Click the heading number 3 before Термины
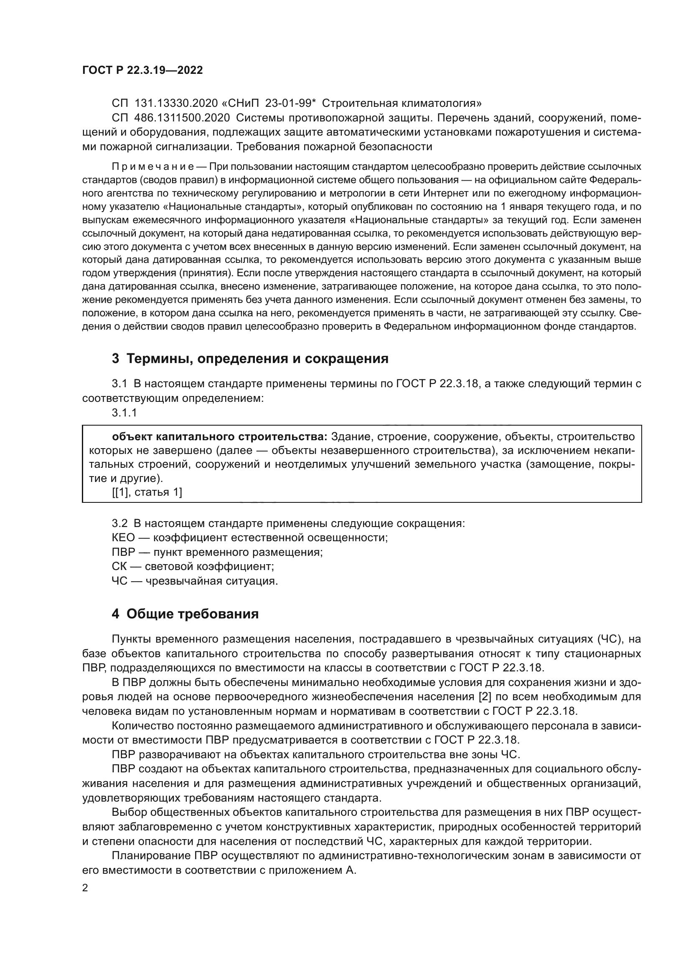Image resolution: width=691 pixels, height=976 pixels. [x=115, y=359]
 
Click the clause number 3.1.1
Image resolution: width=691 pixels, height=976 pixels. [x=124, y=412]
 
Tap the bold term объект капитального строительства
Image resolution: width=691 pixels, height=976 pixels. [x=220, y=436]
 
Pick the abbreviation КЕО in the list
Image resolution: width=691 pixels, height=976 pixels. [x=123, y=537]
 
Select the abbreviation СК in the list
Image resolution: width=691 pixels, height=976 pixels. [x=119, y=566]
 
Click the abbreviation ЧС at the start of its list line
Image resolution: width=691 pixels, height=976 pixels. [x=119, y=581]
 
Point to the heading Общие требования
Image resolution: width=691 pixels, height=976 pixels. [x=192, y=614]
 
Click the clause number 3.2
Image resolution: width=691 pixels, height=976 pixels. [x=119, y=523]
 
